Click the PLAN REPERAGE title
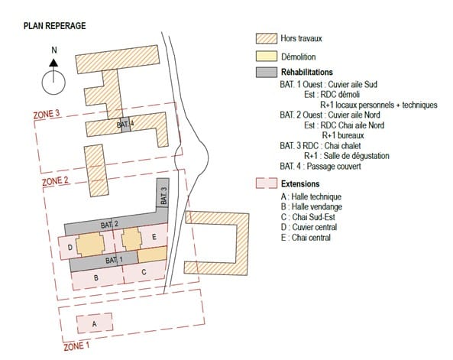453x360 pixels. coord(54,26)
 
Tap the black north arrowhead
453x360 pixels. coord(53,63)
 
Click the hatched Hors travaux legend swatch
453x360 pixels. coord(267,38)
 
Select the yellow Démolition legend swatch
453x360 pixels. coord(267,57)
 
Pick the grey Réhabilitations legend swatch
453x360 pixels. coord(267,73)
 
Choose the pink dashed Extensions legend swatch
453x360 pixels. coord(267,183)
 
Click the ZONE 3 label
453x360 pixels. coord(47,114)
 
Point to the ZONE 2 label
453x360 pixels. coord(55,181)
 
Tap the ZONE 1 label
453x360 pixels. coord(76,346)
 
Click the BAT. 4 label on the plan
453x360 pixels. coord(125,125)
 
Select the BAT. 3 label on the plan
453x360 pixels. coord(163,196)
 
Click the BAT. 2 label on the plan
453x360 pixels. coord(109,225)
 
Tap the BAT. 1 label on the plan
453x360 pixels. coord(114,260)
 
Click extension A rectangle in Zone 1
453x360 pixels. coord(95,323)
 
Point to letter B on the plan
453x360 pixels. coord(96,278)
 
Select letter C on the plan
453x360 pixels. coord(144,272)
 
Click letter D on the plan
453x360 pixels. coord(70,248)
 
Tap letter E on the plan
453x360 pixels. coord(154,237)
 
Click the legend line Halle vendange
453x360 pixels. coord(312,206)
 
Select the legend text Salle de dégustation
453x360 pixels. coord(357,156)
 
